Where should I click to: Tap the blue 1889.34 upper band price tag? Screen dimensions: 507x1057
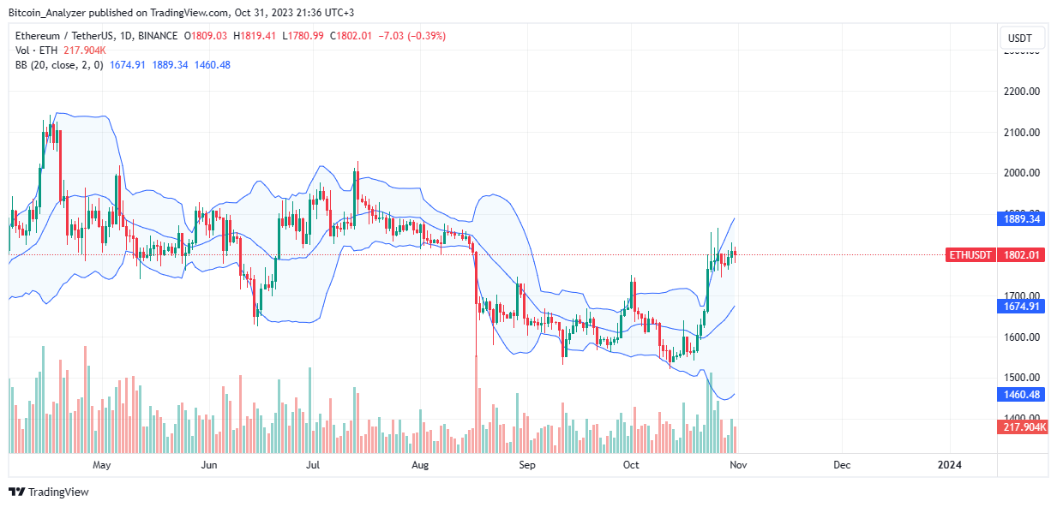1021,219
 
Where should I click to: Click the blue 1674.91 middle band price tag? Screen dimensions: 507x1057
1021,307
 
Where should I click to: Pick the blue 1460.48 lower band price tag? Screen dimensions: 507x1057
1021,394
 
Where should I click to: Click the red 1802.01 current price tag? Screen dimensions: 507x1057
1021,254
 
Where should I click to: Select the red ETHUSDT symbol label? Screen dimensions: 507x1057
970,254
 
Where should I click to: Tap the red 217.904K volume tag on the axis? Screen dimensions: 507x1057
1023,426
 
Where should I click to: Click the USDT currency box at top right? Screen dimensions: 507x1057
1020,39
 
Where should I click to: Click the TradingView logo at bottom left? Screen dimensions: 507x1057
49,492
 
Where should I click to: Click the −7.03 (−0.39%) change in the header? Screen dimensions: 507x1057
415,36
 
